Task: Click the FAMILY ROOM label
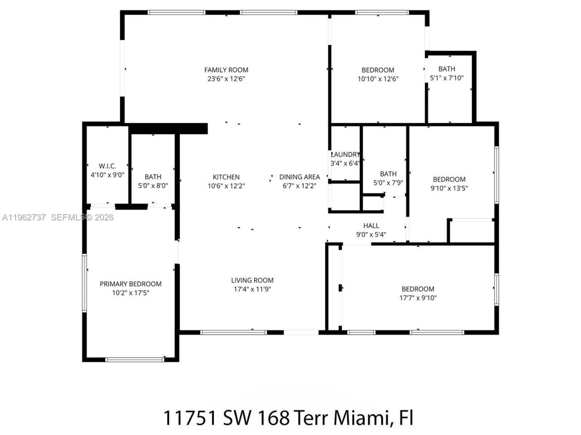point(226,70)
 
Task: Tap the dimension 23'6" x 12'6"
point(226,79)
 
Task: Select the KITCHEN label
point(226,177)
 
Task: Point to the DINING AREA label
point(299,177)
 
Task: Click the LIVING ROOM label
point(252,280)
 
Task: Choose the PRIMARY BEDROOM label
point(130,284)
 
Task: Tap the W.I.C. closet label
point(107,166)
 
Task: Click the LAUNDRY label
point(345,155)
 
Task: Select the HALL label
point(371,226)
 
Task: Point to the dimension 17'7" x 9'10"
point(418,298)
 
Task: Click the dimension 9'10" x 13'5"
point(449,188)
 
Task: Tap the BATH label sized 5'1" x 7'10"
point(447,69)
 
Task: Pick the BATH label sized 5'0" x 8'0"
point(153,177)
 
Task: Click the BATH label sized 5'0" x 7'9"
point(388,174)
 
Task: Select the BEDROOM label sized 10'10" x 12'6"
point(378,70)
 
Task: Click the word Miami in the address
point(361,417)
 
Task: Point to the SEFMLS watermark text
point(68,217)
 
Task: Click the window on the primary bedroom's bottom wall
point(134,360)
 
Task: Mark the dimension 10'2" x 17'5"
point(130,293)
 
